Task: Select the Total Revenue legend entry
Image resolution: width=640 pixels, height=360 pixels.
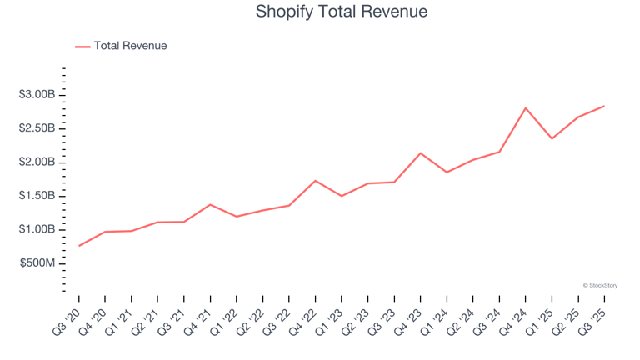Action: [130, 46]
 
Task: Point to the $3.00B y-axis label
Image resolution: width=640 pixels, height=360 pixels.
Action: [37, 94]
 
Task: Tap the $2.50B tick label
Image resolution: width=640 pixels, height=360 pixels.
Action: [37, 128]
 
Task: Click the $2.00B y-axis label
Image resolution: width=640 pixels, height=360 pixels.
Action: [37, 162]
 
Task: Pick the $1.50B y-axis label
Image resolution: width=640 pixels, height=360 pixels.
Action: [37, 196]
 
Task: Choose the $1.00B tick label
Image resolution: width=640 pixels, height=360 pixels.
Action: [37, 229]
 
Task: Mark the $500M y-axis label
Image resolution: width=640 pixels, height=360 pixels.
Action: [38, 263]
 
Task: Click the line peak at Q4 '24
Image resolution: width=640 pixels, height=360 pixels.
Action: [526, 107]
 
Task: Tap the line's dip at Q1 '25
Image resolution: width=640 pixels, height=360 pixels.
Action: [552, 138]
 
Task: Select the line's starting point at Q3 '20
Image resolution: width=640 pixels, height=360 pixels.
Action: [79, 246]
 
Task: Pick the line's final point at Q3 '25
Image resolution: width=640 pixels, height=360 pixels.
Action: [604, 106]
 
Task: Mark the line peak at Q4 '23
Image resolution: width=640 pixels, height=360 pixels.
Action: [421, 153]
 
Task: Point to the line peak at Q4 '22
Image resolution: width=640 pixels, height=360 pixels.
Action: [316, 181]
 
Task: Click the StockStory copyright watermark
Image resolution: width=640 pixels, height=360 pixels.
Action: [600, 285]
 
